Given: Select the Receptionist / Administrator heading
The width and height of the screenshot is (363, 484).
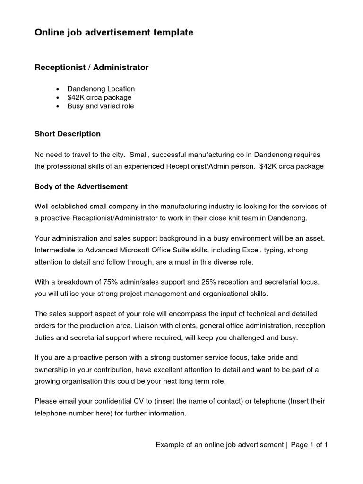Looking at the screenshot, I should point(92,68).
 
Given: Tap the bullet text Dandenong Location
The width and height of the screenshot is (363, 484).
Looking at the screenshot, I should point(101,89).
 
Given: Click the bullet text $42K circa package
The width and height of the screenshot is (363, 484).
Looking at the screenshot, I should point(99,97).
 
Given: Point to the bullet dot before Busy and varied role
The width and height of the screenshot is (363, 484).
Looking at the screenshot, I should point(58,106).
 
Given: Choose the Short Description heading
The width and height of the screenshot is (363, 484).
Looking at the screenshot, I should point(68,134).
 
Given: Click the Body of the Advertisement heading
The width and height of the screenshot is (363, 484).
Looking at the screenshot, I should point(81,187).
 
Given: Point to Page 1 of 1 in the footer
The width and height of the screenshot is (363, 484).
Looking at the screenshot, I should point(310,445).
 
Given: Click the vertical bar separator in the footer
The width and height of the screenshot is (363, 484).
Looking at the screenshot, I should point(286,445).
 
